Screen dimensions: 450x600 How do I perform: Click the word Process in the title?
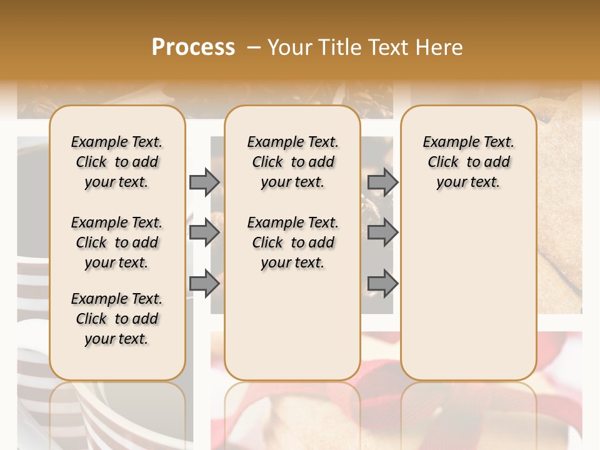(193, 47)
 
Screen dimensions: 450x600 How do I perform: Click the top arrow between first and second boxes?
(204, 182)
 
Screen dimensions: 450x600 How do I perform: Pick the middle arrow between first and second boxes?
(204, 233)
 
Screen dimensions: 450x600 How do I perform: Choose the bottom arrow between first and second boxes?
(204, 284)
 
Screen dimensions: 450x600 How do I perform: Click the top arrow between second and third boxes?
(382, 182)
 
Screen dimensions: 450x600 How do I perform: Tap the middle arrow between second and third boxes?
(382, 233)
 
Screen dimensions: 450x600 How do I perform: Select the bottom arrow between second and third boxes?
(382, 284)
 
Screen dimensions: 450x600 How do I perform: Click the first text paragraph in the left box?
(117, 162)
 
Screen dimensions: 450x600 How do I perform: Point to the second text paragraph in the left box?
(117, 242)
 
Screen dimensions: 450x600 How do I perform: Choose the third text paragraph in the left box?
(117, 319)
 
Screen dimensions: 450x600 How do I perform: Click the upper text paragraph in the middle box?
(292, 162)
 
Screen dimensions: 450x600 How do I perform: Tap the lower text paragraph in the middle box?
(292, 242)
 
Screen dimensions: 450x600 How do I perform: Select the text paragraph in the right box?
(468, 162)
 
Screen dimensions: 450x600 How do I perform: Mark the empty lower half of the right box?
(468, 294)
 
